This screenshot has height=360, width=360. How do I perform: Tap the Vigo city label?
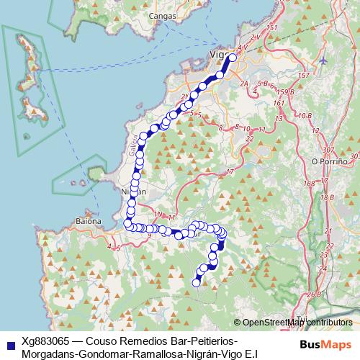[x=217, y=55]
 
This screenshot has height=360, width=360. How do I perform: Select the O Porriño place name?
[x=330, y=161]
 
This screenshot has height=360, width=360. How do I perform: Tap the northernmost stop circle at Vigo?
[x=232, y=57]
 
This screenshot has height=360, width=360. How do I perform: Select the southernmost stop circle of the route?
[x=195, y=283]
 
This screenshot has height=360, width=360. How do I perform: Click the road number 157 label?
[x=304, y=75]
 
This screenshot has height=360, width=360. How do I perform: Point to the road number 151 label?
[x=271, y=28]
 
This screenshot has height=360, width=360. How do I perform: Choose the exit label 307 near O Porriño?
[x=330, y=149]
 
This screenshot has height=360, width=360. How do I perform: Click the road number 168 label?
[x=309, y=183]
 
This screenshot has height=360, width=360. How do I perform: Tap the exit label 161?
[x=279, y=102]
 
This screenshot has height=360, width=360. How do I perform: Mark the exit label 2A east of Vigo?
[x=244, y=84]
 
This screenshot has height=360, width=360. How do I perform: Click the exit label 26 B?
[x=313, y=294]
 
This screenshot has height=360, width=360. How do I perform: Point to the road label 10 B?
[x=304, y=115]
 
